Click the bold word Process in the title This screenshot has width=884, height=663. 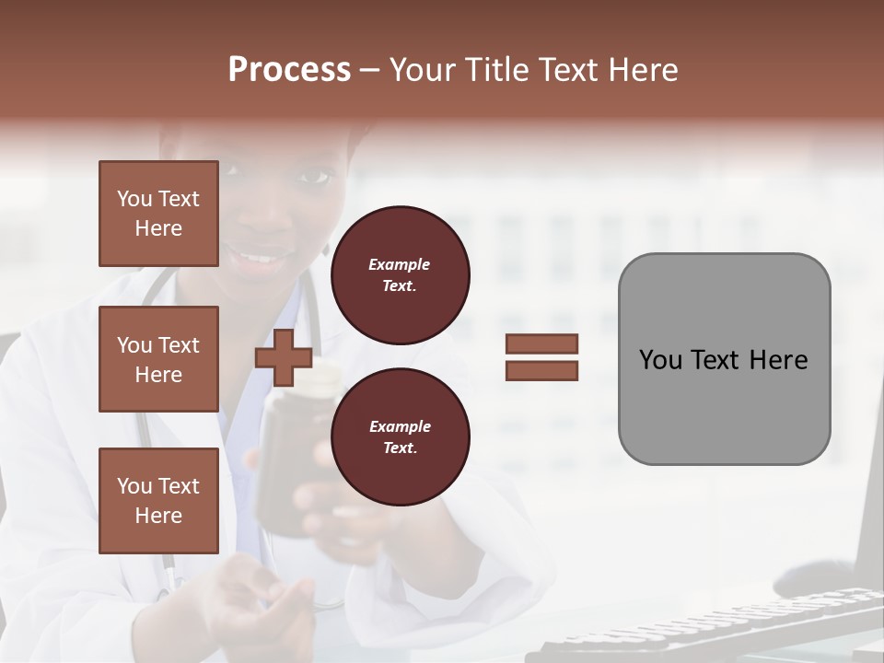coord(289,70)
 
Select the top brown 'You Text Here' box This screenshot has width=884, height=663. coord(158,214)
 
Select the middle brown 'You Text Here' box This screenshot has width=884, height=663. coord(158,359)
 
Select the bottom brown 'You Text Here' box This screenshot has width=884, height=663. coord(158,500)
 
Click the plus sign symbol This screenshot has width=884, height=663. coord(284,357)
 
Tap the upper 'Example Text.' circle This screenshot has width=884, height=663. coord(400,275)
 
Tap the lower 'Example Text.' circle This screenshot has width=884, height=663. coord(400,436)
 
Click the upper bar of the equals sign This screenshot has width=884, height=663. coord(541,344)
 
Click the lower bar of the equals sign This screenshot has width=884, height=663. coord(541,370)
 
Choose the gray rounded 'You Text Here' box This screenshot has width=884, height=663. coord(724,359)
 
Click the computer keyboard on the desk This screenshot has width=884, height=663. coord(700,626)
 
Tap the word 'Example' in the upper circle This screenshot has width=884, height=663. coord(400,264)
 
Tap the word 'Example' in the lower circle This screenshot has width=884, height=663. coord(400,426)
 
